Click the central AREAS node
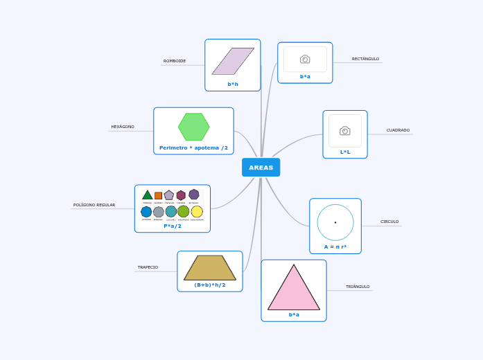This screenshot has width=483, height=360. click(261, 168)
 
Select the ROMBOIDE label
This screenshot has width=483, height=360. click(175, 61)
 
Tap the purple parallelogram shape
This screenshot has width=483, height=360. click(233, 61)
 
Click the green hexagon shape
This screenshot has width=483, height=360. click(193, 127)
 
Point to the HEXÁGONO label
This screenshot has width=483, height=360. click(123, 127)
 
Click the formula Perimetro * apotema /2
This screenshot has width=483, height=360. click(193, 147)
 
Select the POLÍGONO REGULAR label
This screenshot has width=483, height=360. click(94, 205)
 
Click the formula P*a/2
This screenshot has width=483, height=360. click(173, 226)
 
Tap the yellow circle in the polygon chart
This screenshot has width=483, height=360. click(197, 212)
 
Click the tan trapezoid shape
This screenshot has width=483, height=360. click(209, 268)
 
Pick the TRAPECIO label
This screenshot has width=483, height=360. click(148, 267)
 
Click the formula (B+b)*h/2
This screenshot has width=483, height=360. click(209, 285)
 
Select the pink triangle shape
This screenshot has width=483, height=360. click(294, 291)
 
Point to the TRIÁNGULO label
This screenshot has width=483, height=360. click(358, 287)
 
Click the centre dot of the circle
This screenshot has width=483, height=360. click(335, 222)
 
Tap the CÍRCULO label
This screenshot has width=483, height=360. click(389, 222)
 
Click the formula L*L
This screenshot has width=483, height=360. click(345, 152)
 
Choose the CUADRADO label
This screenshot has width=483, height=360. click(398, 130)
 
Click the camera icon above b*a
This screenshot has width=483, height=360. click(305, 60)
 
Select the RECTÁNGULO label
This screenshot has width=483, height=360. click(365, 59)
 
